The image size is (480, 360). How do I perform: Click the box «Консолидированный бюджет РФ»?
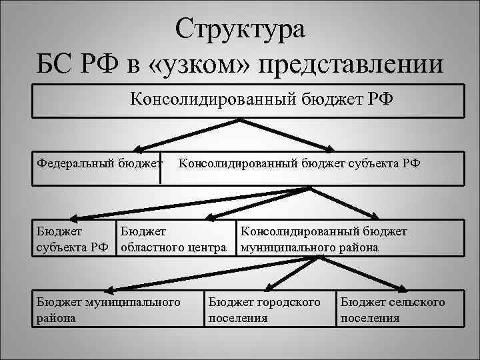[248, 100]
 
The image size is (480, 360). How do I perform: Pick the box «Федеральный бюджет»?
[100, 164]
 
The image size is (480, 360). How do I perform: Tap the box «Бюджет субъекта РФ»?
[74, 239]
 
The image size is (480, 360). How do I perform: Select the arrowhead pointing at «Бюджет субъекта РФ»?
[73, 217]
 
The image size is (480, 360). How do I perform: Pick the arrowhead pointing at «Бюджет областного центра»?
[209, 217]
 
